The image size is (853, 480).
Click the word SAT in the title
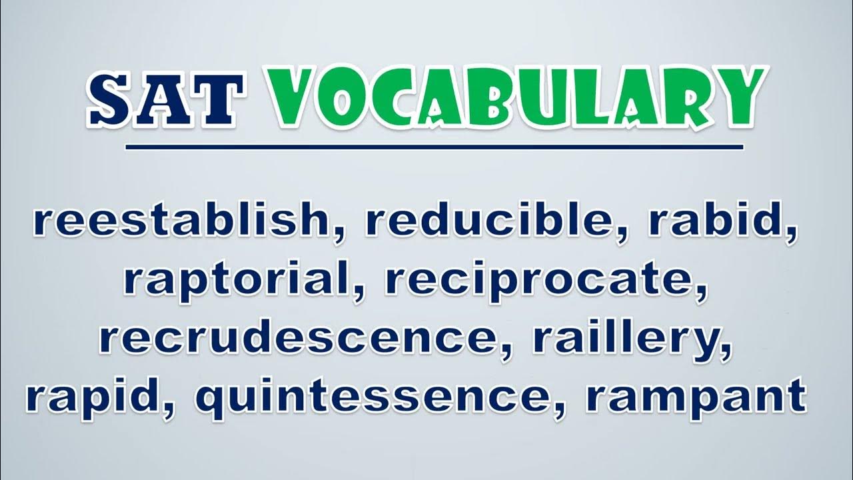[165, 99]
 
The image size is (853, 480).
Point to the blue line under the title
[434, 147]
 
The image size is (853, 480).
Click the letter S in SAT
[111, 99]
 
